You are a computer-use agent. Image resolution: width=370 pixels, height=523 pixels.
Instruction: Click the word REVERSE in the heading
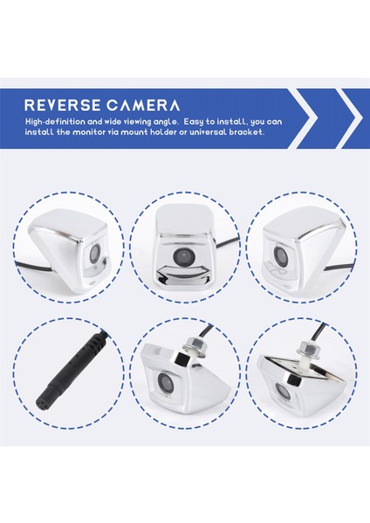tap(63, 105)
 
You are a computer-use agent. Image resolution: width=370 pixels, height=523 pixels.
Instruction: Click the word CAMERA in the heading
tap(144, 105)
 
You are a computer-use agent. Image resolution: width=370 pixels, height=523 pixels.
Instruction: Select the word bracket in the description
tap(246, 132)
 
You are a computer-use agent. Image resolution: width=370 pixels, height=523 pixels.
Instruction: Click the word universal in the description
tap(208, 132)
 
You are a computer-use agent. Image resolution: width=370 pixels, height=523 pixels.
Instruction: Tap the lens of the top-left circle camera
tap(95, 252)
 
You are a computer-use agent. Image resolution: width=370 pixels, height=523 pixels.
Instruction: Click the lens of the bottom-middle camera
tap(164, 381)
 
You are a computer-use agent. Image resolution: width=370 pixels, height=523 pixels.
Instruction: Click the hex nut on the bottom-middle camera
tap(193, 343)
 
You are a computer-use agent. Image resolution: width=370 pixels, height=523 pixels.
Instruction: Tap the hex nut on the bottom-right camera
tap(308, 347)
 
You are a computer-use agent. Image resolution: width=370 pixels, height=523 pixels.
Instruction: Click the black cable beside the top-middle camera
tap(228, 243)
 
